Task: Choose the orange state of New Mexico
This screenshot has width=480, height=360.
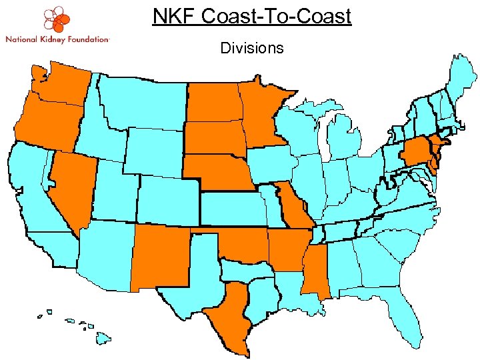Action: click(160, 257)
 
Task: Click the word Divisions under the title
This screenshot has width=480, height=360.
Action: click(251, 48)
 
